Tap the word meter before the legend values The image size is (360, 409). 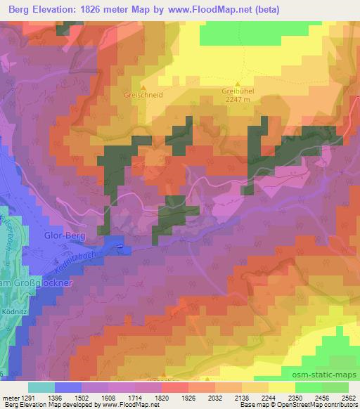tap(8, 397)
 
